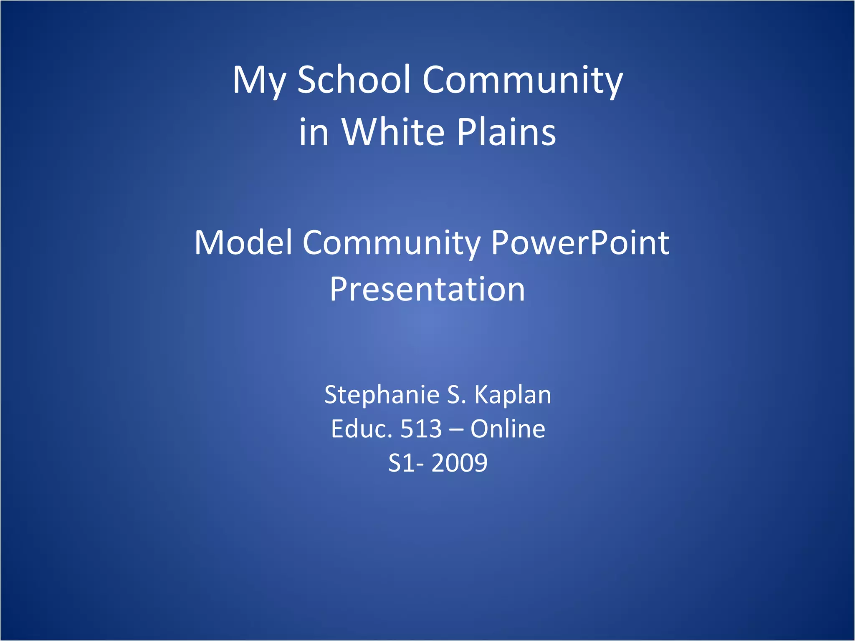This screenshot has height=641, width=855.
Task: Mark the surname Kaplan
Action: click(513, 396)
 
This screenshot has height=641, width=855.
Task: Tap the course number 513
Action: click(421, 429)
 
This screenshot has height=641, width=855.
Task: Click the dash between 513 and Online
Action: click(456, 429)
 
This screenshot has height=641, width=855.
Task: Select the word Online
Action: click(508, 429)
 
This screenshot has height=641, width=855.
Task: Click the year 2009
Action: click(459, 463)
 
